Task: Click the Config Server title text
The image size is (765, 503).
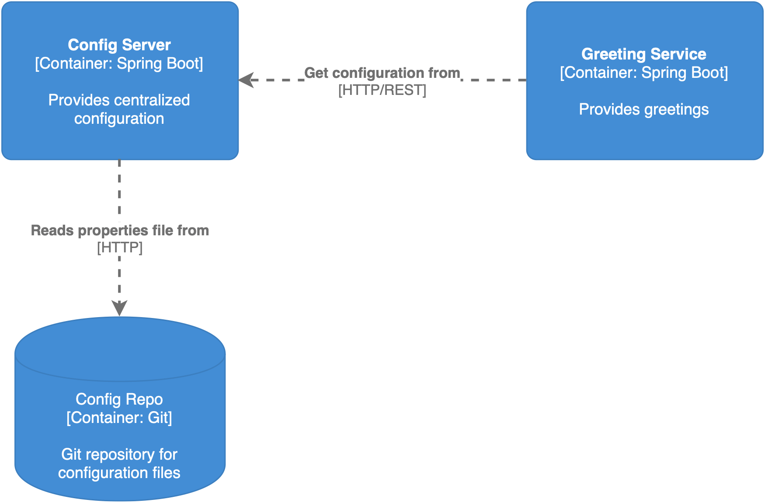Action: tap(119, 45)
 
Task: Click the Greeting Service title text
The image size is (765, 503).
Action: tap(643, 54)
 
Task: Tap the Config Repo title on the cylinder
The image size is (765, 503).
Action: tap(119, 399)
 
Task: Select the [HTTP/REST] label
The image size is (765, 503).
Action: tap(382, 90)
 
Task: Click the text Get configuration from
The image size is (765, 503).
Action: tap(382, 73)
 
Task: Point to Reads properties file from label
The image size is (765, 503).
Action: tap(120, 231)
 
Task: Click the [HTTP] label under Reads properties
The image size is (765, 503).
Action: tap(120, 248)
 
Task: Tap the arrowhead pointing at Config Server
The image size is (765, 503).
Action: tap(246, 80)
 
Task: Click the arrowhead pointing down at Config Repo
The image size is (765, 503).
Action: tap(119, 308)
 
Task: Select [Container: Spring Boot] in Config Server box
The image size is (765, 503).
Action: tap(119, 64)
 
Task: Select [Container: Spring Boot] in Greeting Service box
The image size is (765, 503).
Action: tap(643, 73)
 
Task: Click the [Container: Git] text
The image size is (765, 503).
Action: tap(119, 418)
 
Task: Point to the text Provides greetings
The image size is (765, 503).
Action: tap(643, 109)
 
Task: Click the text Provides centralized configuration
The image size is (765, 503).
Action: tap(119, 109)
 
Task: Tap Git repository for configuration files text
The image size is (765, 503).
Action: tap(119, 464)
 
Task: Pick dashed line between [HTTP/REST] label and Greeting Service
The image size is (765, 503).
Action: tap(494, 80)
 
